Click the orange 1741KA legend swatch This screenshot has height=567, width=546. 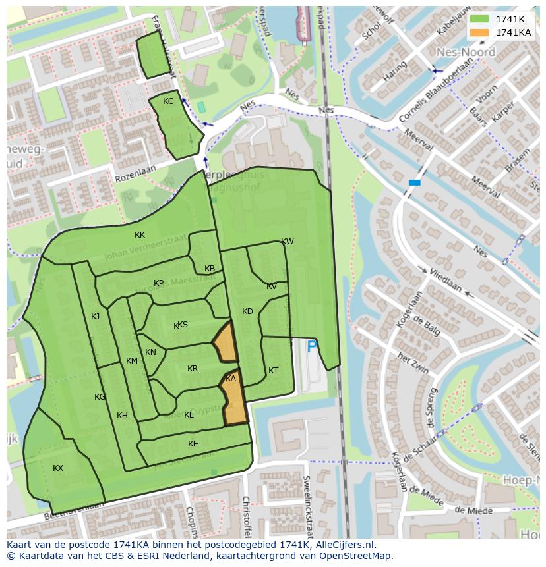479,32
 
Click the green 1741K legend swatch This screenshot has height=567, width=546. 479,19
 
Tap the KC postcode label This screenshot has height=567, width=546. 168,101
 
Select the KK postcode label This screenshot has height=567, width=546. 140,235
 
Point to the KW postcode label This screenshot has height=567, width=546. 288,242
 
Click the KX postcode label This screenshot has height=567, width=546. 58,468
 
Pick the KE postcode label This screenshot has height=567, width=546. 193,444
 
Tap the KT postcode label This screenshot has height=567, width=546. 273,371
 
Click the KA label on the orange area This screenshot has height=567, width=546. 231,379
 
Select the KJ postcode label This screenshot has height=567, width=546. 96,317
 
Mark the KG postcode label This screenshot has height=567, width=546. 100,397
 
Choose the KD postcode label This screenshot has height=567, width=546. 247,311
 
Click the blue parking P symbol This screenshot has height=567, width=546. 312,346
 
